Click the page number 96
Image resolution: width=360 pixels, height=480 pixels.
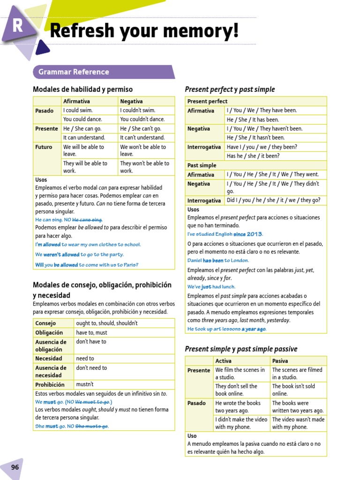pos(15,467)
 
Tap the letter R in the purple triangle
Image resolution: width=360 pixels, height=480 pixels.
pos(18,26)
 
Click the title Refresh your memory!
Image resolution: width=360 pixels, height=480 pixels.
pos(144,31)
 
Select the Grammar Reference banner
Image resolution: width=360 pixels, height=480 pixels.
pos(74,72)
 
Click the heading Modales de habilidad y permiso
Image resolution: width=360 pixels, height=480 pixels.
pos(82,89)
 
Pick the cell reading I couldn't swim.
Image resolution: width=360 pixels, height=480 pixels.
pos(137,110)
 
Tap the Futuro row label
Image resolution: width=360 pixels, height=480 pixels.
pos(44,147)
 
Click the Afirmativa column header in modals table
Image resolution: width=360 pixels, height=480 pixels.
pos(76,101)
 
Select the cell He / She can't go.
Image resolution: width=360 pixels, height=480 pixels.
pos(140,128)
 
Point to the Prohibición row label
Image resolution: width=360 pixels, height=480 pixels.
pos(50,384)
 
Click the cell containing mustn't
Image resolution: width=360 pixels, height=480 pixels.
pos(85,384)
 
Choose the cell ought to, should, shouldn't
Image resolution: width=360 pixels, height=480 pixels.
pos(106,323)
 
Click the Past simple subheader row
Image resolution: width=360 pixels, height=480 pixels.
pos(202,165)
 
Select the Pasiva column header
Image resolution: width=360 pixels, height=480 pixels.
pos(280,360)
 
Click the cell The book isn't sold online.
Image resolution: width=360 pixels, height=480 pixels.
pos(293,390)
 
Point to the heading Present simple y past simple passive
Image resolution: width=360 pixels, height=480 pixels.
pos(241,349)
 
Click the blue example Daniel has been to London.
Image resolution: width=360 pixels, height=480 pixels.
pos(218,260)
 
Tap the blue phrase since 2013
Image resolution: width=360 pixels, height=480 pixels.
pos(247,234)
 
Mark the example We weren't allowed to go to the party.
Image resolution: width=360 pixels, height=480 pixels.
pos(79,255)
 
